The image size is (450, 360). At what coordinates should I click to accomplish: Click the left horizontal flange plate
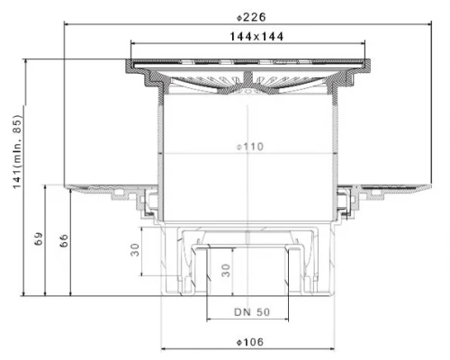(x=99, y=187)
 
